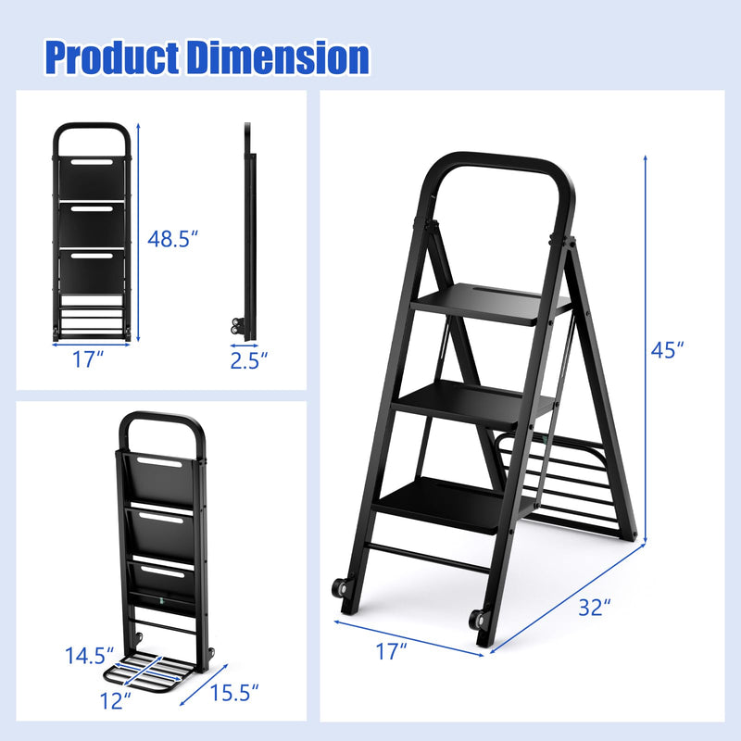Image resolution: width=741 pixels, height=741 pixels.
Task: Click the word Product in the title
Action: tap(112, 57)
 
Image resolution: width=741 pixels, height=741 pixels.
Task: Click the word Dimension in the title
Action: tap(279, 57)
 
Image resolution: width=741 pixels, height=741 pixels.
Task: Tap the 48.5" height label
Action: tap(173, 239)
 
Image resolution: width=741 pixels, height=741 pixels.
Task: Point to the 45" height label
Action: tap(666, 349)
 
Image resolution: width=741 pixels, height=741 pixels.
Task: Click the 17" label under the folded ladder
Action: tap(88, 360)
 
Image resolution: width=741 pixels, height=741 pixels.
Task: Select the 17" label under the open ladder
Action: tap(392, 652)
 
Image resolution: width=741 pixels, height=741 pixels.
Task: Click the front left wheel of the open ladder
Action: tap(338, 586)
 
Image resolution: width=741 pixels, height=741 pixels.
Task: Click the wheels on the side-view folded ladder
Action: tap(233, 327)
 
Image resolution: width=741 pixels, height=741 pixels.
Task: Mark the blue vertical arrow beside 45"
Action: tap(645, 349)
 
